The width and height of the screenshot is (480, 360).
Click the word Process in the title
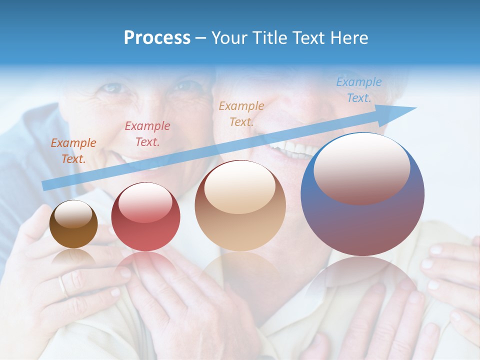157,38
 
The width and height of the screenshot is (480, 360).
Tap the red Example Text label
147,134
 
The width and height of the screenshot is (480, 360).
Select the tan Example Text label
241,113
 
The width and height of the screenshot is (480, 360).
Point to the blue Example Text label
358,90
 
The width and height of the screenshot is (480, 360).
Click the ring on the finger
62,286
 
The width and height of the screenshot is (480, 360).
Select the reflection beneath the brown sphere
73,257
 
